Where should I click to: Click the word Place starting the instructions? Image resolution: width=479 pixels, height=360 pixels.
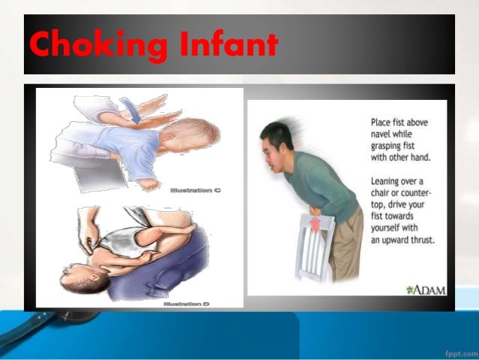(x=382, y=122)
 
